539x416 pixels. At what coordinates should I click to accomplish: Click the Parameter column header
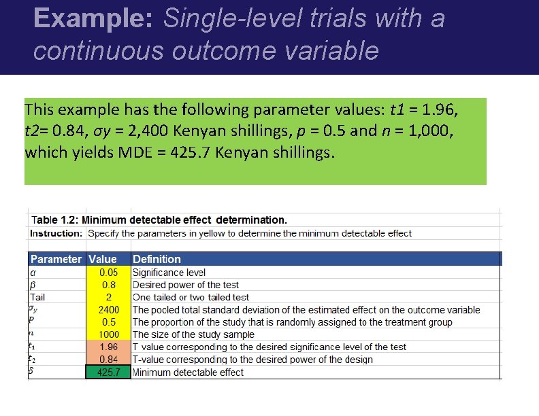(x=56, y=259)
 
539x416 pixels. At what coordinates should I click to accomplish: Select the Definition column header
(x=157, y=259)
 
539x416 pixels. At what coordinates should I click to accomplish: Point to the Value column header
(x=103, y=259)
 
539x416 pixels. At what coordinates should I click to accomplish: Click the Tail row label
(x=38, y=297)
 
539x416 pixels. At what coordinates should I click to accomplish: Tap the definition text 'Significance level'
(x=169, y=273)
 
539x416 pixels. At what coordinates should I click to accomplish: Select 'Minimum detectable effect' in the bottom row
(x=188, y=372)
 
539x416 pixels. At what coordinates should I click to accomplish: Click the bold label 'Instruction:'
(x=56, y=233)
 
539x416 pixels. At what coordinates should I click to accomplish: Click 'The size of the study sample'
(x=193, y=334)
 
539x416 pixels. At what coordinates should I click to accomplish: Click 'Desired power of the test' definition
(x=186, y=285)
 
